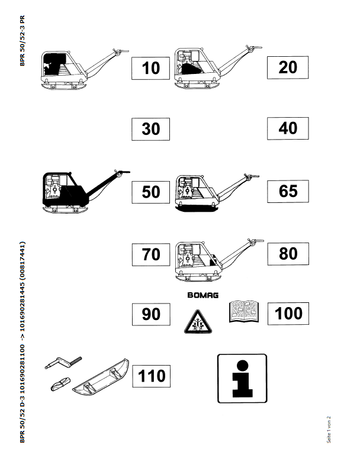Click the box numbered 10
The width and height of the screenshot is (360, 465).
click(x=150, y=69)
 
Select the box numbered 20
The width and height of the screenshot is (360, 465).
click(x=287, y=67)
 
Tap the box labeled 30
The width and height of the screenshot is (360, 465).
click(x=150, y=128)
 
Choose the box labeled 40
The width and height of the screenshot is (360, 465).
click(x=287, y=127)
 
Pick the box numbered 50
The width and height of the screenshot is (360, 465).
click(x=150, y=192)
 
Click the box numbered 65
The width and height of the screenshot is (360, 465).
click(x=287, y=190)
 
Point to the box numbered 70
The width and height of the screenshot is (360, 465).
click(x=150, y=254)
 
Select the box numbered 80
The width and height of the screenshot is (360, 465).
click(x=287, y=253)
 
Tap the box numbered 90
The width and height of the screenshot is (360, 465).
click(x=150, y=314)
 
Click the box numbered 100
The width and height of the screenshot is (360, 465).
click(x=288, y=313)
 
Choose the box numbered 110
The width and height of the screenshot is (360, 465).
click(x=152, y=375)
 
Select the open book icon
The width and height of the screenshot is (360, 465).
click(x=245, y=311)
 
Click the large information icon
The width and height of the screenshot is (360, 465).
click(x=242, y=379)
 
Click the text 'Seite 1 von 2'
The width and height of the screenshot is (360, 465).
click(x=329, y=429)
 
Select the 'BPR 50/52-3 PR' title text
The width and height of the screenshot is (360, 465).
click(x=22, y=41)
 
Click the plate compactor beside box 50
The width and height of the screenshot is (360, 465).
click(x=82, y=192)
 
